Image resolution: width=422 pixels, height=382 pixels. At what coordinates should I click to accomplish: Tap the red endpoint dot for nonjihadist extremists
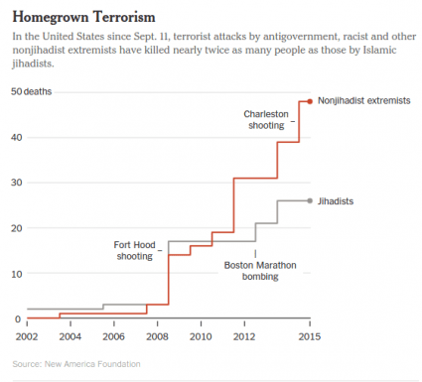[x=310, y=101]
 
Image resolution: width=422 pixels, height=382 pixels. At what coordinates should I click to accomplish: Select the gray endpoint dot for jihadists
[x=310, y=200]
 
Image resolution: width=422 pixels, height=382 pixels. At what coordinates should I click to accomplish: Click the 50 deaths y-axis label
[x=32, y=92]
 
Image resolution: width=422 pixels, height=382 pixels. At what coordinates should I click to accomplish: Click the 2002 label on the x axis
[x=28, y=337]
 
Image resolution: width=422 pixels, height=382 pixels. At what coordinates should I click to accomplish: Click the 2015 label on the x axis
[x=310, y=337]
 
